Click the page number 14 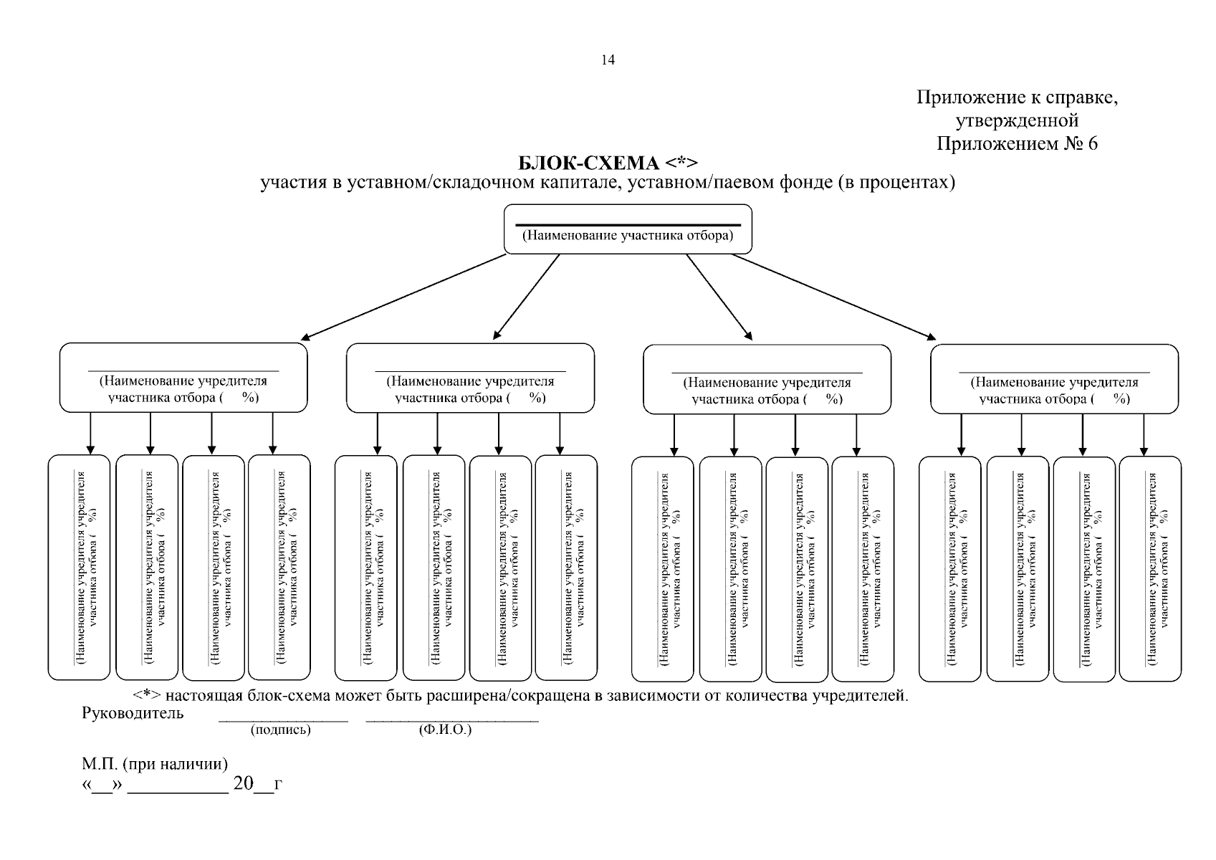(x=608, y=59)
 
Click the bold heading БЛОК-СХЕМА (x=588, y=163)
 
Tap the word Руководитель (x=133, y=713)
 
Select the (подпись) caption (x=281, y=729)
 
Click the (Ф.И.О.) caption (x=445, y=729)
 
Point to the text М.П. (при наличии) (x=155, y=764)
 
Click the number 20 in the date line (x=244, y=783)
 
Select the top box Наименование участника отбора (x=628, y=229)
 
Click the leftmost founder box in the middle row (x=183, y=378)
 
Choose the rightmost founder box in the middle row (x=1054, y=379)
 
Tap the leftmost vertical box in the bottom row (x=80, y=568)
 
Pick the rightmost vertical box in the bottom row (x=1150, y=569)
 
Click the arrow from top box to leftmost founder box (x=403, y=297)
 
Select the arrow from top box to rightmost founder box (x=834, y=297)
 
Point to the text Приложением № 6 (x=1018, y=143)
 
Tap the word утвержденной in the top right (x=1018, y=120)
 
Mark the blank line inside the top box (x=628, y=225)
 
